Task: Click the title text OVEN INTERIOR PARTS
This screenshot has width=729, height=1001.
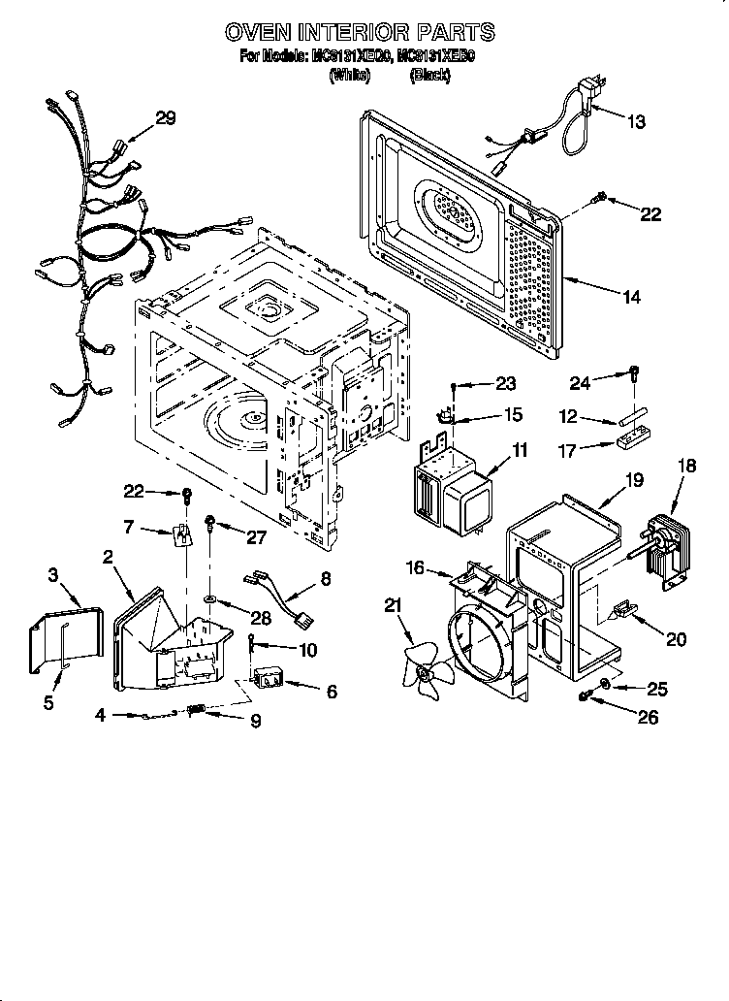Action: [x=360, y=32]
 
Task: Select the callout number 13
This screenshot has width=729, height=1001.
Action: [x=636, y=122]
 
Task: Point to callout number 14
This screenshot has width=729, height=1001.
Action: [x=630, y=298]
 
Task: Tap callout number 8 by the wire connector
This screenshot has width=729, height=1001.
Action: [x=325, y=581]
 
